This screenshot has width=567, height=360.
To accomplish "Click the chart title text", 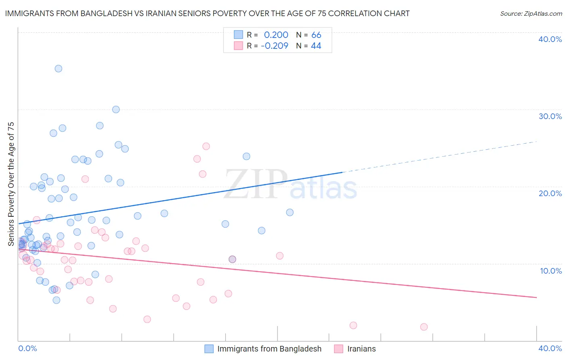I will [x=207, y=14].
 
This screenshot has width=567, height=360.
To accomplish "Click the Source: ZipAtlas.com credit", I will [x=531, y=14].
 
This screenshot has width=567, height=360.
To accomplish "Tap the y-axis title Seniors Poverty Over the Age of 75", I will [x=11, y=184].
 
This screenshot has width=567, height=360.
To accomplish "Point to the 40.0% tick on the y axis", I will [x=550, y=39].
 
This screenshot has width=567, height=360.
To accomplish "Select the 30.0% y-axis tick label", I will [x=550, y=116].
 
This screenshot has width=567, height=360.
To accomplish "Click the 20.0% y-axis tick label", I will [x=550, y=193].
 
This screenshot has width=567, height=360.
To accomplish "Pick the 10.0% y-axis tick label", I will [x=551, y=271].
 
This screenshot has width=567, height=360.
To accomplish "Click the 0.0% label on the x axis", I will [x=27, y=348].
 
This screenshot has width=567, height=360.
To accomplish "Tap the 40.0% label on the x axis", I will [x=550, y=348].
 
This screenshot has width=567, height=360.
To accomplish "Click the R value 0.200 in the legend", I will [x=276, y=35].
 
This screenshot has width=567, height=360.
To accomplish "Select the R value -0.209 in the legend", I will [x=274, y=46].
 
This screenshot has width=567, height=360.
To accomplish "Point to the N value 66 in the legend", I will [x=316, y=35].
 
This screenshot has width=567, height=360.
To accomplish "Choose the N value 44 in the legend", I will [x=316, y=46].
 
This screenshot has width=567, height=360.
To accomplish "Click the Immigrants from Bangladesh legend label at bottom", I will [x=269, y=349].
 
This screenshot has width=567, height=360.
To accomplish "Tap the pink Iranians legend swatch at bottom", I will [x=339, y=349].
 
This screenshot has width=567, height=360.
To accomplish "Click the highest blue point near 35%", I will [x=58, y=69].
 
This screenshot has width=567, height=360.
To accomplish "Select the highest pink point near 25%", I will [x=206, y=146].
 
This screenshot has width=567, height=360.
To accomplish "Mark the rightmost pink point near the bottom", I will [x=424, y=327].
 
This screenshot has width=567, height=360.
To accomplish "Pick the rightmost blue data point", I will [x=290, y=212].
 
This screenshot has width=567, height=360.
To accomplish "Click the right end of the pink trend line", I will [x=536, y=297].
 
